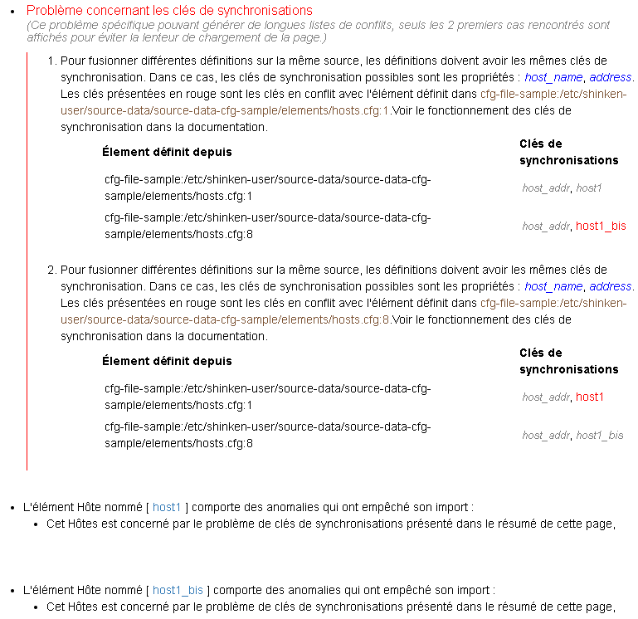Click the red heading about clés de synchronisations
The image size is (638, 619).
[169, 11]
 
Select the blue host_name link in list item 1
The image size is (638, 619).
[553, 77]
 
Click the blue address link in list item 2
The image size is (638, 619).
[611, 286]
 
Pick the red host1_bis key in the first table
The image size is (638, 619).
[601, 226]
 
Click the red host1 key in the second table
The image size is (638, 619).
[590, 397]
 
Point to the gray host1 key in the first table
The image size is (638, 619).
[589, 188]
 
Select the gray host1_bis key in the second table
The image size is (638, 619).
[600, 435]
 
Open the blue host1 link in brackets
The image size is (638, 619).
[167, 507]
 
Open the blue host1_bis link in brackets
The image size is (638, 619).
[178, 591]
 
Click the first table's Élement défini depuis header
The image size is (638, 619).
[167, 152]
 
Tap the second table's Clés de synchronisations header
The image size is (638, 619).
[568, 361]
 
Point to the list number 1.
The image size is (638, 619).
[51, 61]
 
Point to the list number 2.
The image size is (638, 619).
[51, 271]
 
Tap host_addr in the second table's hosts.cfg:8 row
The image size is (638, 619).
[546, 435]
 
